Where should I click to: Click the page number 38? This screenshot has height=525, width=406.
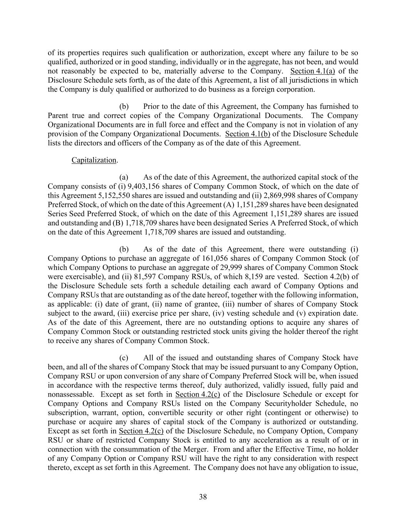pyautogui.click(x=203, y=497)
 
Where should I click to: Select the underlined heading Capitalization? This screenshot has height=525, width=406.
pyautogui.click(x=94, y=160)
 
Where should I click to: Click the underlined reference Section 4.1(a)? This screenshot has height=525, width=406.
pyautogui.click(x=312, y=71)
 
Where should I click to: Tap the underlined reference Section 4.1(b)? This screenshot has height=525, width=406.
pyautogui.click(x=247, y=134)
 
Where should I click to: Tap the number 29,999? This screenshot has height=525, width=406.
pyautogui.click(x=246, y=267)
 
